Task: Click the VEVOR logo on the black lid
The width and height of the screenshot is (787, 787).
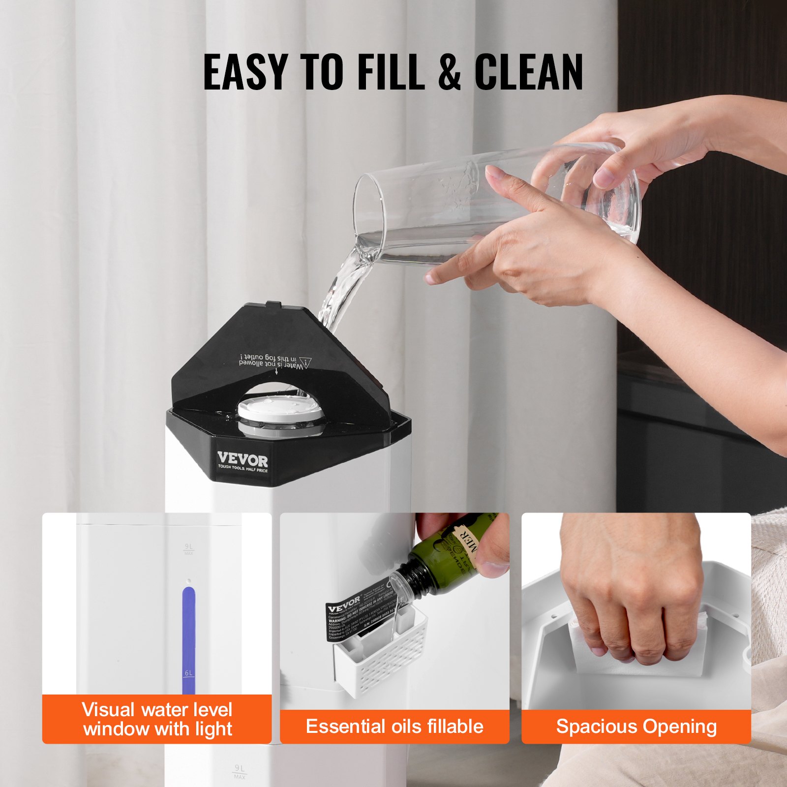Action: [x=242, y=461]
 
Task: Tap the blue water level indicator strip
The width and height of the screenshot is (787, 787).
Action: [x=188, y=635]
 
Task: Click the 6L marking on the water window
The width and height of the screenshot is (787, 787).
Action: [x=189, y=673]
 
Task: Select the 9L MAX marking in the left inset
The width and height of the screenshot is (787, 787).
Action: [x=189, y=549]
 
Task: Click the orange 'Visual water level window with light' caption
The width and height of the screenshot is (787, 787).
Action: [x=157, y=719]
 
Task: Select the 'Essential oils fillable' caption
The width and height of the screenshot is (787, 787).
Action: [x=394, y=726]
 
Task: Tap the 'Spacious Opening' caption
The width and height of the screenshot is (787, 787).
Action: [x=636, y=726]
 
